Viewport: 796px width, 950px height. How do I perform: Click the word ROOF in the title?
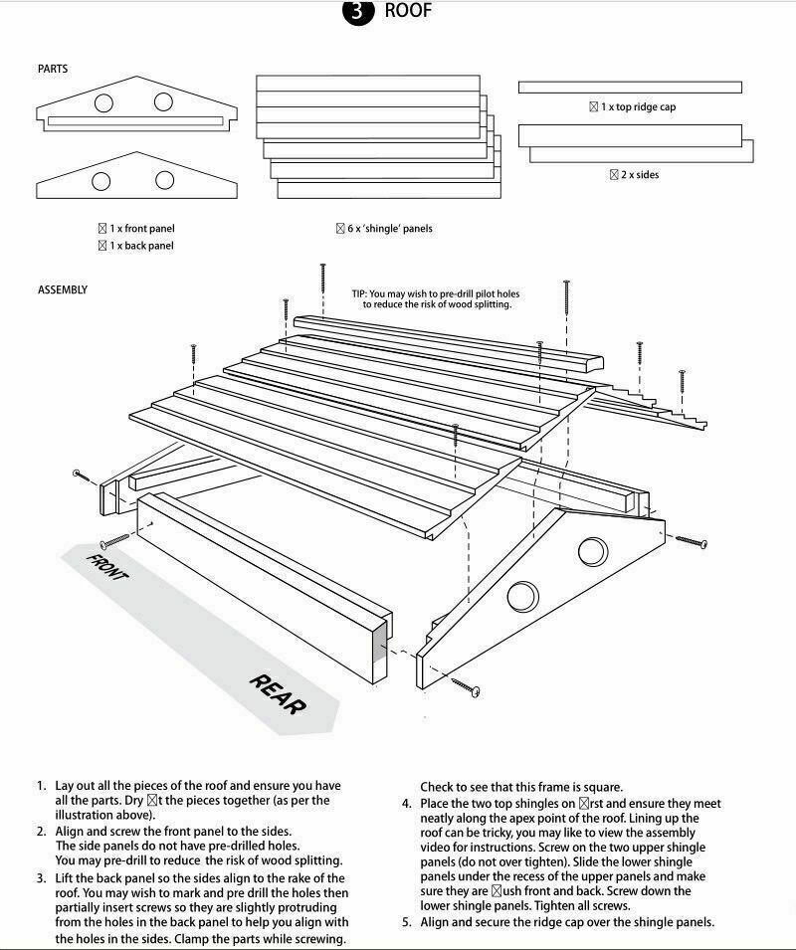(x=408, y=11)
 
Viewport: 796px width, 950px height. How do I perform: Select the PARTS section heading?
(x=53, y=70)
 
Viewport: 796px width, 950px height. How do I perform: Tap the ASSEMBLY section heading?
(x=63, y=289)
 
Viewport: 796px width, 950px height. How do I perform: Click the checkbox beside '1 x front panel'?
(x=102, y=229)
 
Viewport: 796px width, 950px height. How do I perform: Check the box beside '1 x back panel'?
(x=102, y=246)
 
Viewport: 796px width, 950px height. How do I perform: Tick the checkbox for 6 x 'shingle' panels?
(x=340, y=229)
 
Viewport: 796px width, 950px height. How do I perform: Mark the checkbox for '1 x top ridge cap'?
(x=594, y=106)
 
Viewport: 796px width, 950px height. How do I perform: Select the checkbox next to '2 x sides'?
(x=615, y=175)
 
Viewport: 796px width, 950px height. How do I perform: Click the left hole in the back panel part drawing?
(x=100, y=180)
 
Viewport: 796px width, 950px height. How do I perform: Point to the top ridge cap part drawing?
(x=630, y=88)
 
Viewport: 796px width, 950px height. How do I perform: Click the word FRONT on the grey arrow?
(x=107, y=565)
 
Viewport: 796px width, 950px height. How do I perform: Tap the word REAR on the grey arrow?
(x=278, y=693)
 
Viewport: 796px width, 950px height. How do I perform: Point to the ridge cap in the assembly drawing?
(x=448, y=341)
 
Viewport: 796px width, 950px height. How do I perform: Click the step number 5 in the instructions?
(x=406, y=922)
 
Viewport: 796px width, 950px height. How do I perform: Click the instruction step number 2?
(x=42, y=831)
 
